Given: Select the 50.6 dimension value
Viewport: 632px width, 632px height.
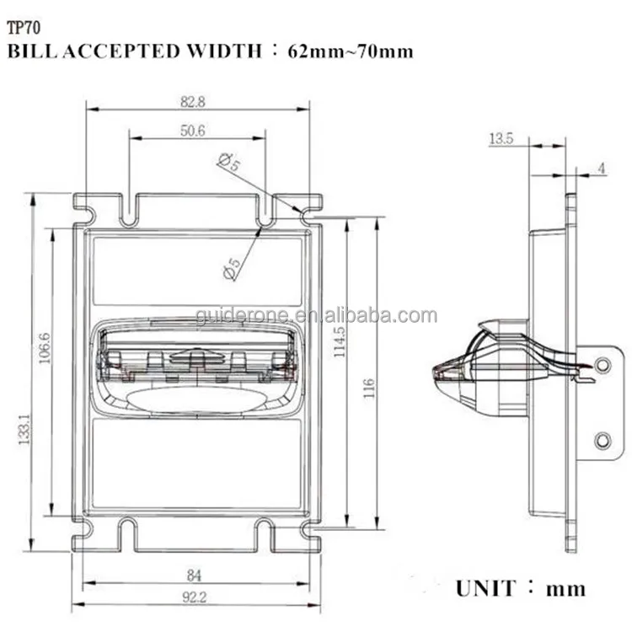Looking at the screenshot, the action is click(193, 130).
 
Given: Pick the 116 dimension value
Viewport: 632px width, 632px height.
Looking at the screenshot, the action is click(368, 388).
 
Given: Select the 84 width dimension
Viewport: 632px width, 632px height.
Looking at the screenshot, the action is click(193, 576).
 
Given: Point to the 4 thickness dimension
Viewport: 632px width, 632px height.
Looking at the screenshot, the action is click(602, 169).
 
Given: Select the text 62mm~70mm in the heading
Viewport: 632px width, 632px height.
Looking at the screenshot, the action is click(351, 51).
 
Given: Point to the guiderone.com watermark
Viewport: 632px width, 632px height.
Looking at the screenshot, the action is click(316, 316).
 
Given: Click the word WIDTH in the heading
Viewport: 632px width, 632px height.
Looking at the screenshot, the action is click(222, 51).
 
